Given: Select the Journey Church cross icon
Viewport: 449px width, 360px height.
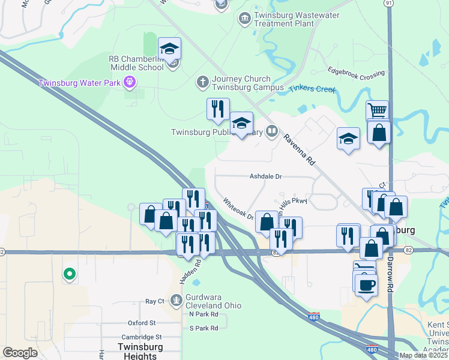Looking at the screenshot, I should click(x=203, y=81).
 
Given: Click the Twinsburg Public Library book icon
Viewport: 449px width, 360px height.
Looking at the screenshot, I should click(x=272, y=131).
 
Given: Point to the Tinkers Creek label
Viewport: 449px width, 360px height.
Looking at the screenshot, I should click(x=312, y=89).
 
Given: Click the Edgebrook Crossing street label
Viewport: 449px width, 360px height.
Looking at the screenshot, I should click(x=357, y=74).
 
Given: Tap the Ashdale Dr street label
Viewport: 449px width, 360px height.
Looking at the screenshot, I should click(x=266, y=176).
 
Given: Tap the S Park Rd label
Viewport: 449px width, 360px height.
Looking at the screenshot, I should click(x=203, y=328).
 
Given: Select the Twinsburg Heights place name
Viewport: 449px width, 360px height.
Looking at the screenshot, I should click(x=137, y=351).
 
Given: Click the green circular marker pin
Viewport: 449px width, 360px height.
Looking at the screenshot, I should click(x=70, y=274).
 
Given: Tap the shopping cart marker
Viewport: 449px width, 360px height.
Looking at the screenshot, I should click(x=377, y=110).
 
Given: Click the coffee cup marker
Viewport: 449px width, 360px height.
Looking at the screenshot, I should click(x=366, y=284).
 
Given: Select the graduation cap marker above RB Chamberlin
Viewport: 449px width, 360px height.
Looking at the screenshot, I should click(x=170, y=48).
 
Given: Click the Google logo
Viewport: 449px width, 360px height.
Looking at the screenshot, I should click(x=20, y=353).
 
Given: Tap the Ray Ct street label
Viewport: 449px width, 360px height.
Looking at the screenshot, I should click(x=155, y=301).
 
